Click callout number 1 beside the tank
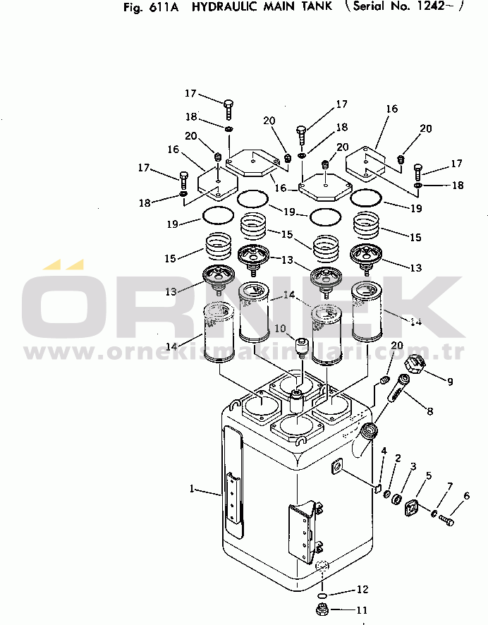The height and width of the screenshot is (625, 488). (192, 488)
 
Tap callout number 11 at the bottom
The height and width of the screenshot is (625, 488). (362, 610)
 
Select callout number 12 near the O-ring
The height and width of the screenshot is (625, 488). (362, 589)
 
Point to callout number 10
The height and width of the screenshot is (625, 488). (280, 329)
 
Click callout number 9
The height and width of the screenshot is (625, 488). (449, 382)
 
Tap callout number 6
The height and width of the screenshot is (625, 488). (466, 496)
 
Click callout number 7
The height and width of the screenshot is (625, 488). (449, 487)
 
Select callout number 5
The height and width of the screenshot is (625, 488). (429, 476)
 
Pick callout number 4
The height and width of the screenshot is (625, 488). (384, 451)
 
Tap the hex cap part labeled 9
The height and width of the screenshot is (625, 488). (414, 365)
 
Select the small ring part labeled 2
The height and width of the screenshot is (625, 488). (388, 492)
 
